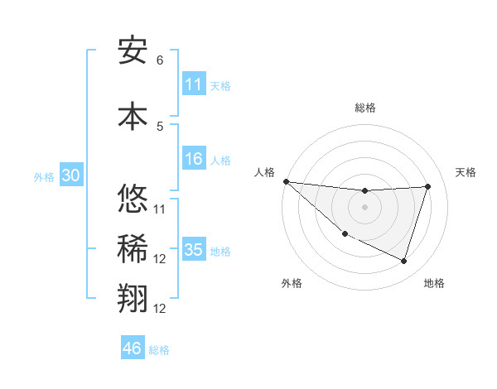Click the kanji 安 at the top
click(x=133, y=50)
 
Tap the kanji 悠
click(x=133, y=199)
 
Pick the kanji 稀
click(x=133, y=249)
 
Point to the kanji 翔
click(x=133, y=300)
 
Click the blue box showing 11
click(x=194, y=84)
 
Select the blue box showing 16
click(x=194, y=160)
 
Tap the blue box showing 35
click(x=194, y=250)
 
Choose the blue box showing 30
click(x=70, y=176)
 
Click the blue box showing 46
click(x=133, y=348)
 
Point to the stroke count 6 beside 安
click(x=160, y=60)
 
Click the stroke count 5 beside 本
click(x=160, y=126)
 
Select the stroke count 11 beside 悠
click(x=160, y=209)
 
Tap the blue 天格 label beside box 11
click(x=220, y=85)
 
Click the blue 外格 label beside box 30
click(x=44, y=177)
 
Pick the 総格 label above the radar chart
click(x=365, y=108)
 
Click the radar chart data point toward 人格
click(x=286, y=181)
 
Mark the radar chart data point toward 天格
click(x=427, y=186)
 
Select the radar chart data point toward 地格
click(x=403, y=261)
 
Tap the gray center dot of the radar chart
click(x=364, y=207)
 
